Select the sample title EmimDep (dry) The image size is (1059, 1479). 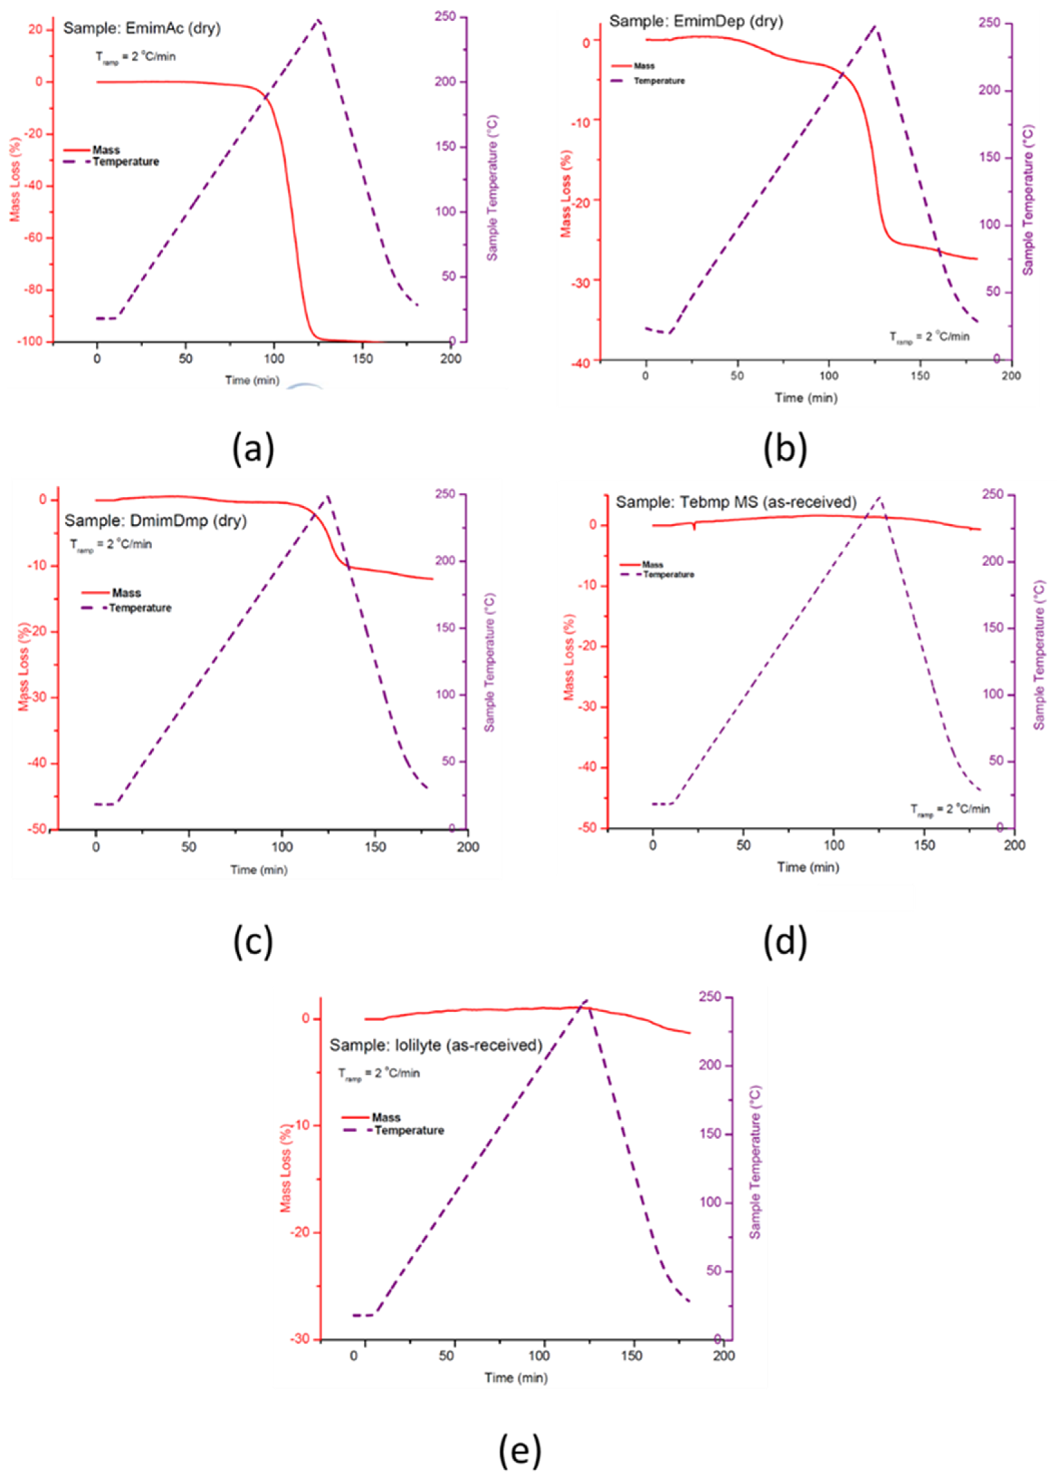pos(695,22)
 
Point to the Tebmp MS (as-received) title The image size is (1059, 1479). pos(736,502)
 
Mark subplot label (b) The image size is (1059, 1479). pos(785,450)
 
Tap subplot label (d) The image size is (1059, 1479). pos(785,942)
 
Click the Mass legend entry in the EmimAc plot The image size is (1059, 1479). pos(106,150)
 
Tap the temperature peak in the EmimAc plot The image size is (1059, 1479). pos(318,20)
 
